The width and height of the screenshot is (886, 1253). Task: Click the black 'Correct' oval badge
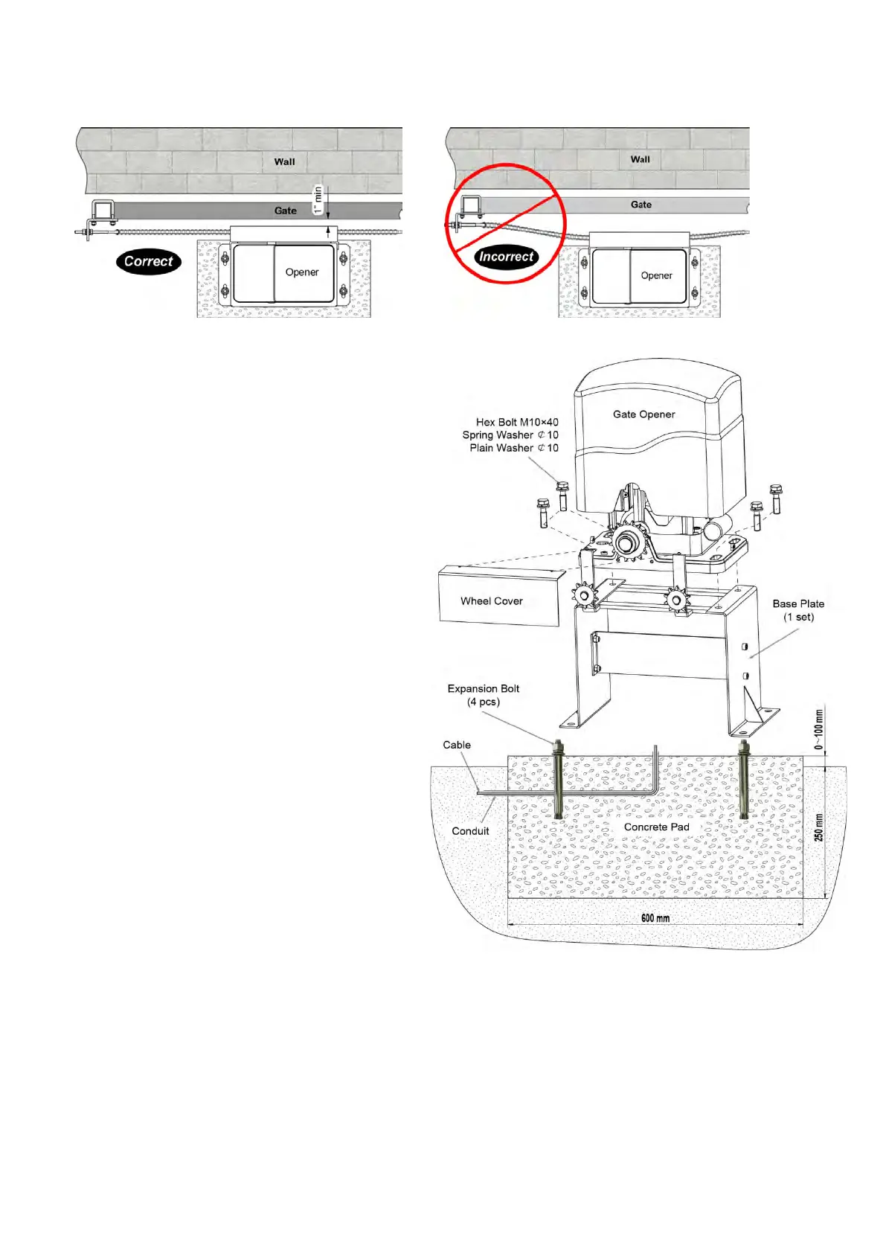pos(149,262)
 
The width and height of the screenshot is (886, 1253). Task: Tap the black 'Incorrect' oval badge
pos(507,257)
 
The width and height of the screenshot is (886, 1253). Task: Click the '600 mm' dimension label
pos(655,917)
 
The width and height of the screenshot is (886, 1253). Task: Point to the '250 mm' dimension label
pos(819,827)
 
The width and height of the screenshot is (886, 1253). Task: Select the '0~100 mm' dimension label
pos(819,730)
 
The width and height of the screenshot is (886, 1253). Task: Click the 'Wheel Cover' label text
pos(492,601)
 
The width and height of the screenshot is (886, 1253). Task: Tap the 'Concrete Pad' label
pos(656,827)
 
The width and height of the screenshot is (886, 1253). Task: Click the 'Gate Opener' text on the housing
pos(644,414)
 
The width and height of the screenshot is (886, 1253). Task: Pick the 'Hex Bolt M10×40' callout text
pos(517,422)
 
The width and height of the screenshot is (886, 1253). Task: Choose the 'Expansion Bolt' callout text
pos(484,689)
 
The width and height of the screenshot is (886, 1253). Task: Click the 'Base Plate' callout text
pos(798,604)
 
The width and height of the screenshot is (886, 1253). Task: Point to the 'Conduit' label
pos(470,831)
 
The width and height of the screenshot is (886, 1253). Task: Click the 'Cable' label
pos(457,745)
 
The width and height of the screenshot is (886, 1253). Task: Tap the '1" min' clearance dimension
pos(318,199)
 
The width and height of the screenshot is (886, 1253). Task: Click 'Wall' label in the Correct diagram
pos(285,161)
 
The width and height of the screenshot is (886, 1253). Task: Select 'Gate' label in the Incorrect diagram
pos(641,205)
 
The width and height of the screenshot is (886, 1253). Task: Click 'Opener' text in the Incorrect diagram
pos(657,275)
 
